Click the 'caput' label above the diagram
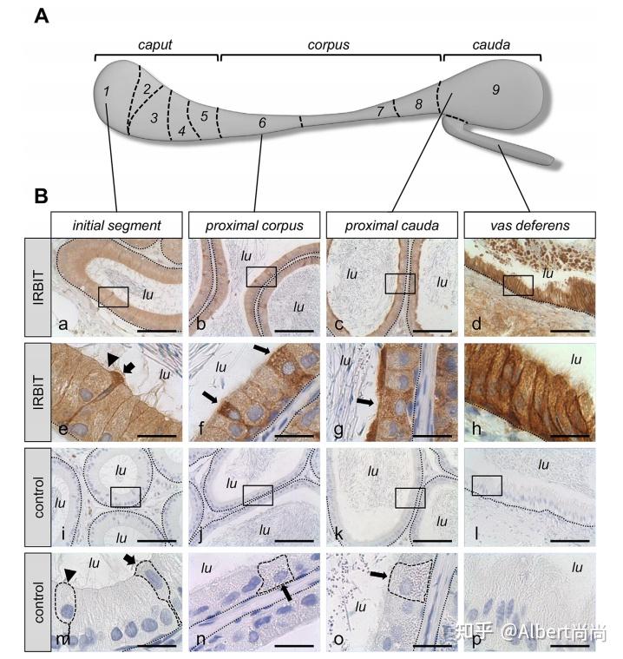(x=155, y=45)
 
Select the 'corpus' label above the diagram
(x=329, y=45)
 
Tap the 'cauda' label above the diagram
(x=491, y=44)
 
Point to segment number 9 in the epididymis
(x=495, y=89)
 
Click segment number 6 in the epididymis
(x=262, y=122)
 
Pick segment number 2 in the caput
(x=147, y=89)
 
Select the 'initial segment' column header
(x=117, y=225)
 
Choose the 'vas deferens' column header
(x=530, y=225)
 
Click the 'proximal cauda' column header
(x=392, y=225)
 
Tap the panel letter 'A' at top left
(x=42, y=16)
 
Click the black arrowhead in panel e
(x=112, y=359)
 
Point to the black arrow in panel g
(x=364, y=402)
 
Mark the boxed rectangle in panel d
(x=518, y=286)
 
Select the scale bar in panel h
(x=570, y=436)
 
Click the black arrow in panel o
(x=378, y=575)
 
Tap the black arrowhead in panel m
(x=70, y=576)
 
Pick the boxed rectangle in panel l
(x=487, y=485)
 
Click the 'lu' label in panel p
(x=577, y=567)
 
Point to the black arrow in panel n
(x=286, y=593)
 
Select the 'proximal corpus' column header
(x=254, y=225)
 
